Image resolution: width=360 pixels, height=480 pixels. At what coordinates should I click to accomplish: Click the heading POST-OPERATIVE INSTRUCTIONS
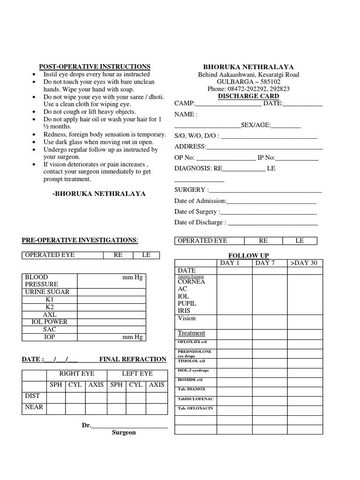tap(94, 67)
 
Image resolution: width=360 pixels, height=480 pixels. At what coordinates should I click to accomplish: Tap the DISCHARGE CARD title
tap(248, 96)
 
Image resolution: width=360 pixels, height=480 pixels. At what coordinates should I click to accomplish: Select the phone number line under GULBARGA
tap(248, 89)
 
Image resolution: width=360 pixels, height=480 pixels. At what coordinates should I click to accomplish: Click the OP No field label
tap(184, 157)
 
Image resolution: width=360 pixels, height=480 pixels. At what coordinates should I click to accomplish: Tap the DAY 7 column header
tap(265, 263)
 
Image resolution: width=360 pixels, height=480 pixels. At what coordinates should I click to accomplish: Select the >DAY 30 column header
tap(304, 263)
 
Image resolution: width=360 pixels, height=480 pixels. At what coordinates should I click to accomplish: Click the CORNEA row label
tap(191, 282)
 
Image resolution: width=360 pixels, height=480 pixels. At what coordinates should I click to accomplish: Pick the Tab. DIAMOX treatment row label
tap(191, 389)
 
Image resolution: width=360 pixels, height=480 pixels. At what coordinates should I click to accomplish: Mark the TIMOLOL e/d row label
tap(191, 361)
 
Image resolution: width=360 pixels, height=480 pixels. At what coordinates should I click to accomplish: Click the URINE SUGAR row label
tap(47, 292)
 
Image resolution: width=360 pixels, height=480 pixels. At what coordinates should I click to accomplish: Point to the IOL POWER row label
tap(49, 322)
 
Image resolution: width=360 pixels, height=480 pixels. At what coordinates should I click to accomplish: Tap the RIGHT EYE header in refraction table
tap(76, 374)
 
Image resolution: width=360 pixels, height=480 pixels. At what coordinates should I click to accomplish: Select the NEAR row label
tap(34, 407)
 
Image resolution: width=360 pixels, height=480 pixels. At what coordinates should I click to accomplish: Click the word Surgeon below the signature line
tap(124, 433)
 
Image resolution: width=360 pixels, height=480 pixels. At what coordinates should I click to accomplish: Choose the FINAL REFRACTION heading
tap(133, 360)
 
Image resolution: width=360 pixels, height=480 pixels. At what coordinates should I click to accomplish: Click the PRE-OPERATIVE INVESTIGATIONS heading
tap(80, 240)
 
